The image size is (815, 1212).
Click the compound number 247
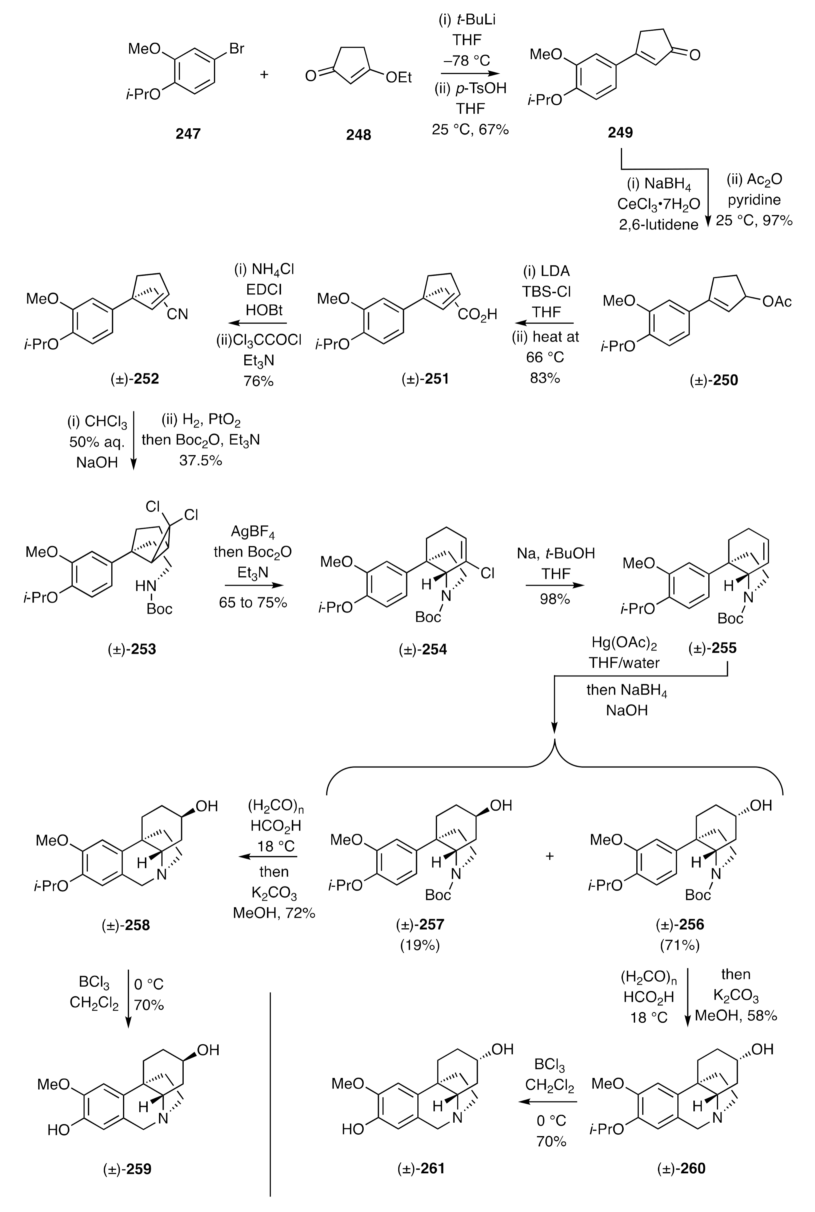[x=188, y=134]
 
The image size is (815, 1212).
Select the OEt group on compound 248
[x=398, y=77]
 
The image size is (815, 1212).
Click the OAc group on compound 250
[x=777, y=301]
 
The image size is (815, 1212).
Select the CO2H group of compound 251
[x=477, y=314]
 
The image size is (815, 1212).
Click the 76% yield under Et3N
[x=258, y=381]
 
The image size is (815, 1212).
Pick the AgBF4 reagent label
[x=253, y=532]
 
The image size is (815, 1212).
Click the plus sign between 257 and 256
[x=549, y=856]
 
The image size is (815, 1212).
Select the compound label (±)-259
[x=127, y=1169]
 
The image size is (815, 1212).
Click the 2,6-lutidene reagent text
[x=658, y=225]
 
